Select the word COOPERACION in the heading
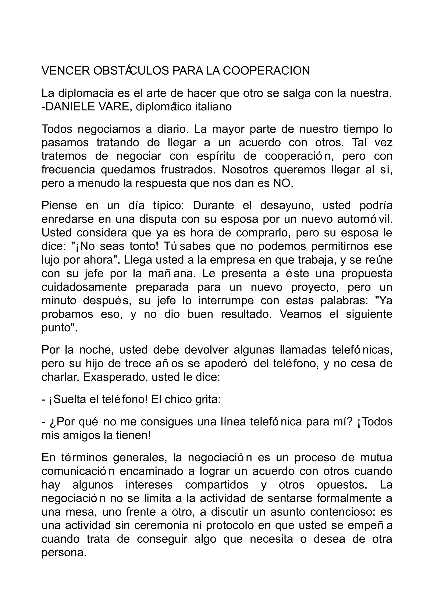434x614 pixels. point(266,71)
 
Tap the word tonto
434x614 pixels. point(144,246)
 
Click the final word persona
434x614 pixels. point(64,553)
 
